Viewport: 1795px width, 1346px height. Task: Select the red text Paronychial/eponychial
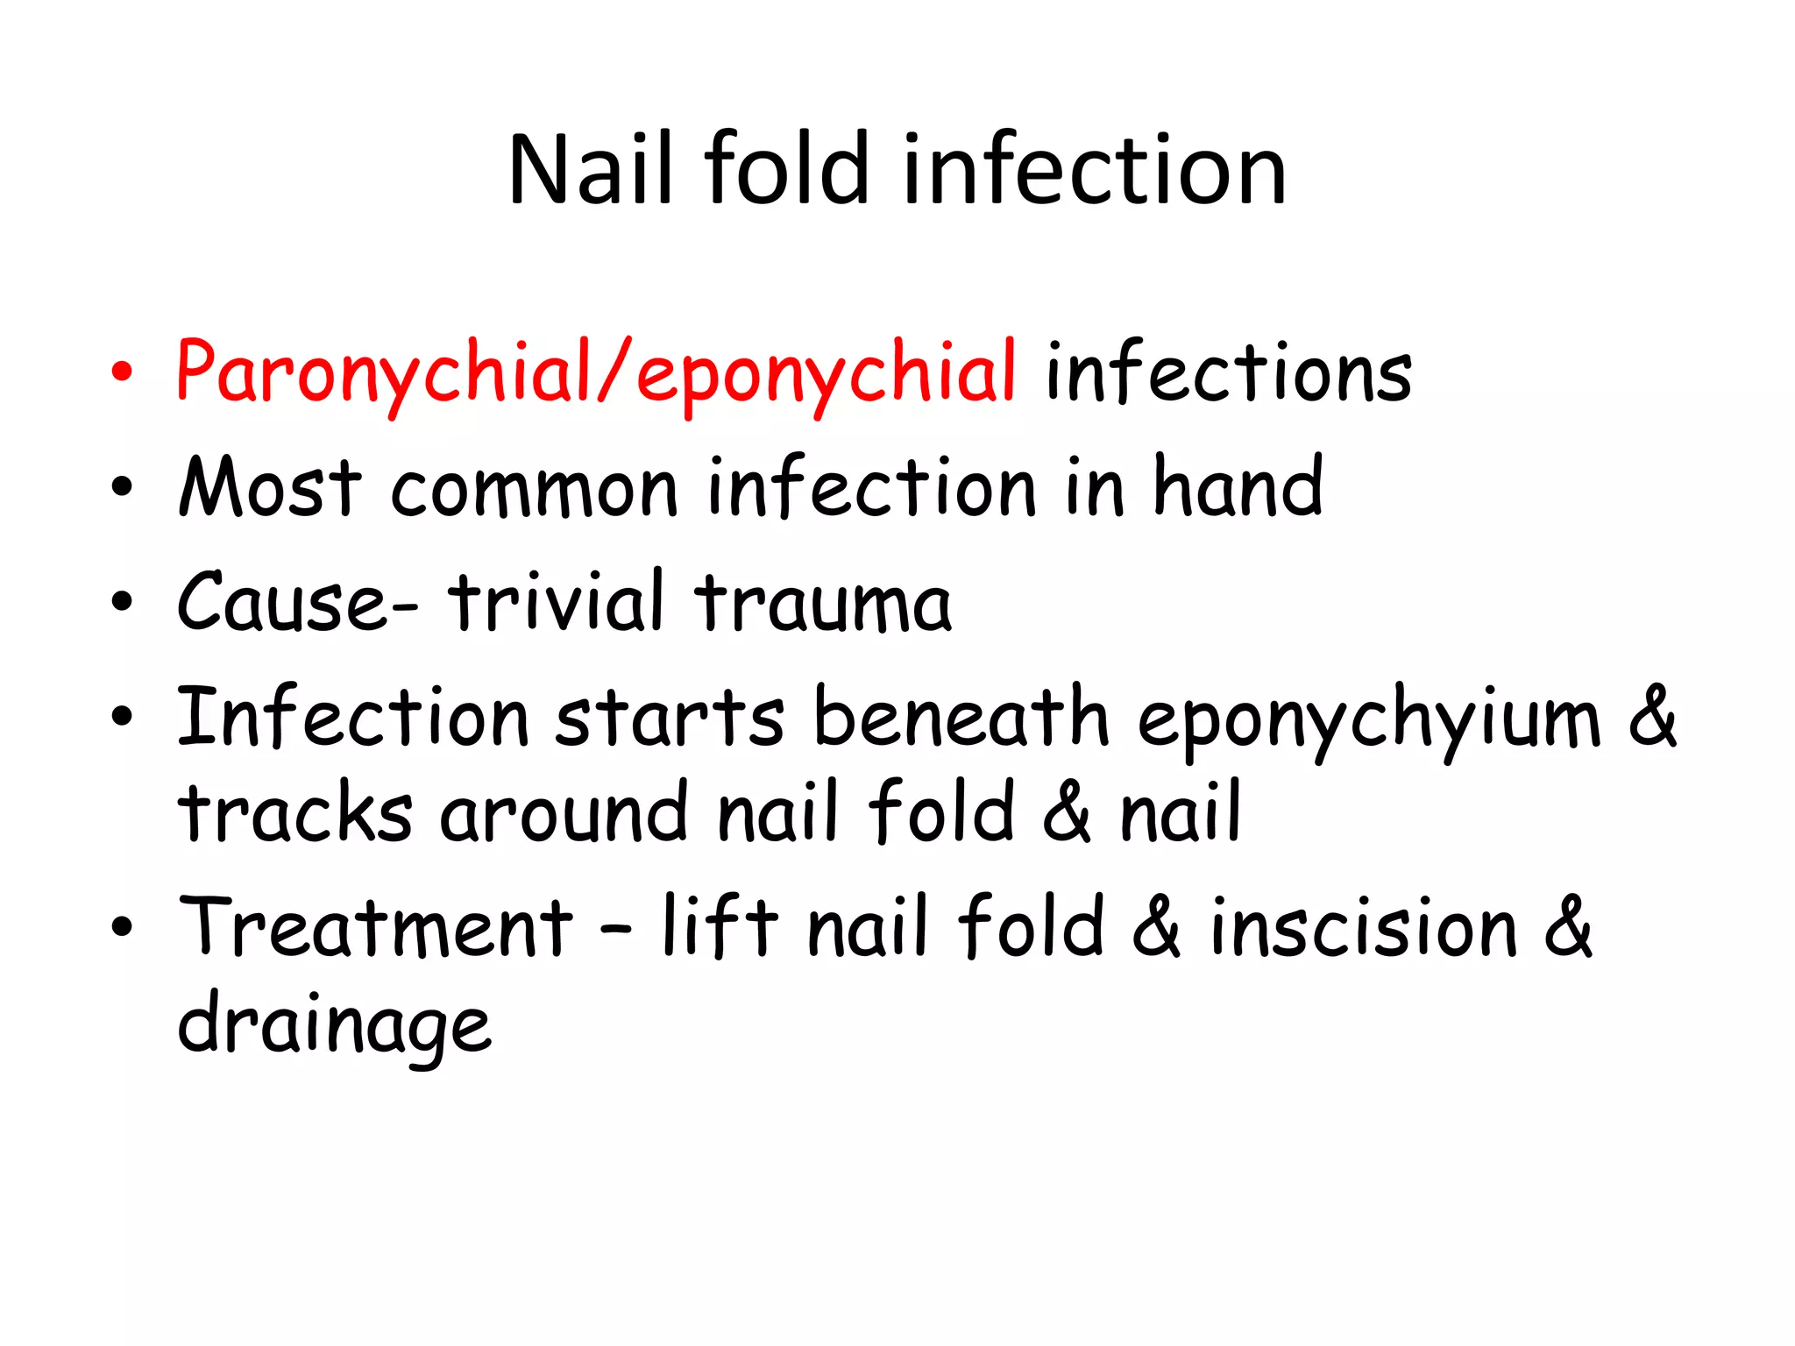pyautogui.click(x=596, y=373)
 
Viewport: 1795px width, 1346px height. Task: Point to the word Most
pyautogui.click(x=270, y=487)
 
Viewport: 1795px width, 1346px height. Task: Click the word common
pyautogui.click(x=535, y=489)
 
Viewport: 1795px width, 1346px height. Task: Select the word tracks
pyautogui.click(x=294, y=813)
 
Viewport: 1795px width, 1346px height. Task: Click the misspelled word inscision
pyautogui.click(x=1364, y=927)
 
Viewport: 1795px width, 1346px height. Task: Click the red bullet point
pyautogui.click(x=123, y=372)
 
